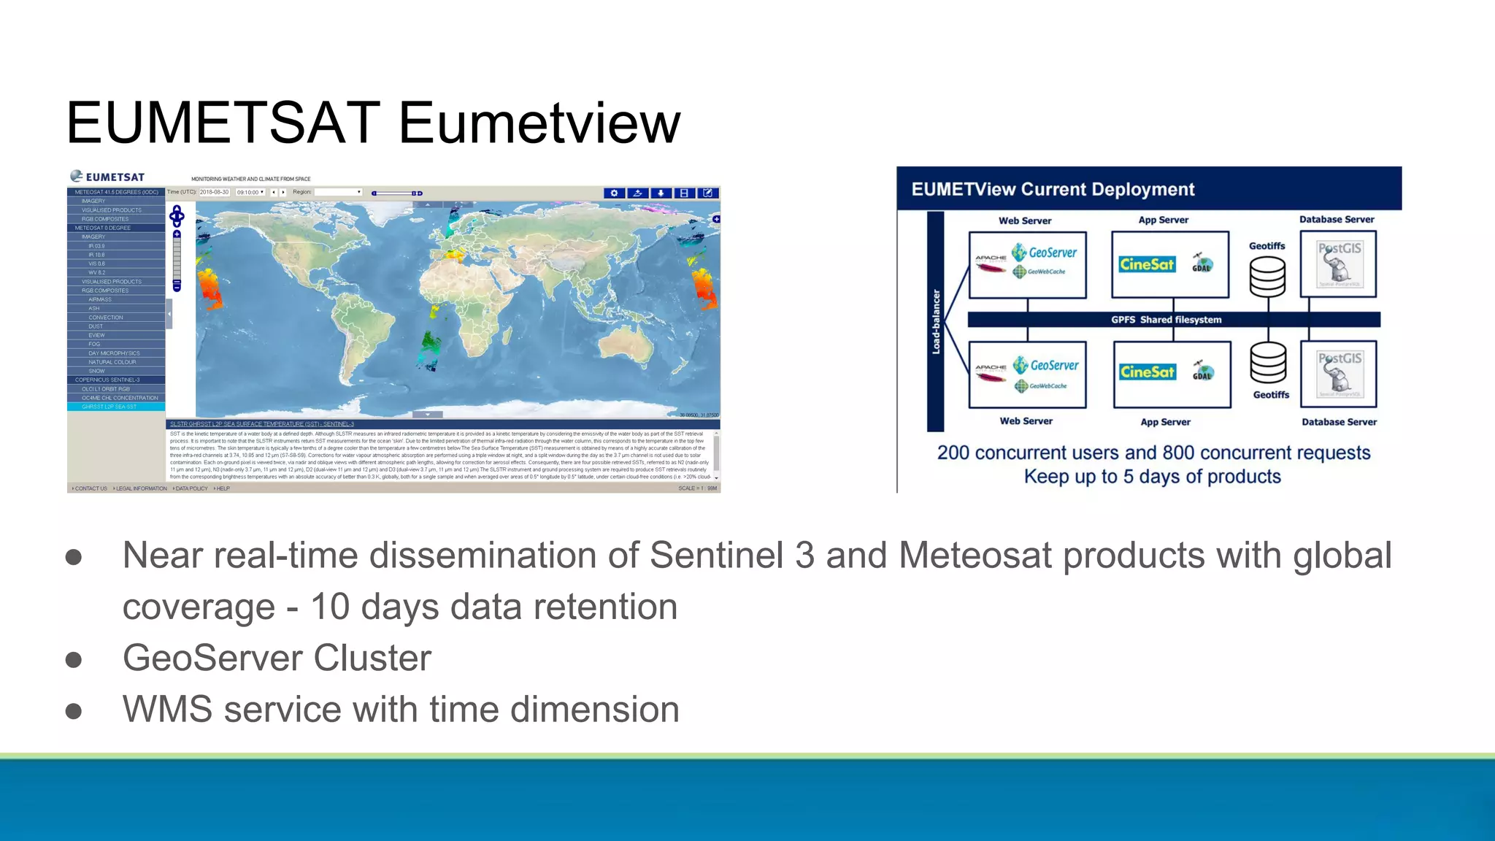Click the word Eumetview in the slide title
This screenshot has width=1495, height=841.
pos(539,123)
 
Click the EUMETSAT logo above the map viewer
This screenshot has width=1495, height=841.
pos(107,177)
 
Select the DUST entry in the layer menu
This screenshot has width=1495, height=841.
pos(96,326)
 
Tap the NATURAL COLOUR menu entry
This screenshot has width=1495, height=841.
pos(112,362)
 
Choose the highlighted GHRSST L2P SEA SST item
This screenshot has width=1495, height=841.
pos(109,407)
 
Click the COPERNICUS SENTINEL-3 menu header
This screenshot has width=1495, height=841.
pos(107,380)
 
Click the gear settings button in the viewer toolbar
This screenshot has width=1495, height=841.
pos(614,193)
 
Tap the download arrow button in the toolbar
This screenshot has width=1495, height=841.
pos(661,193)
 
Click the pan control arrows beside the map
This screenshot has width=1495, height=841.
pos(177,215)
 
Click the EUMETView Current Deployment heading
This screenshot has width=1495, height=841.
pos(1053,190)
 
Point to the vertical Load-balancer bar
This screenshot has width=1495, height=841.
pos(935,321)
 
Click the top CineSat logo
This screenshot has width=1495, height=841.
pos(1147,264)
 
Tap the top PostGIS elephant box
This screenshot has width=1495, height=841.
pos(1338,264)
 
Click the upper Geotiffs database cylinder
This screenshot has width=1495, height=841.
pos(1267,277)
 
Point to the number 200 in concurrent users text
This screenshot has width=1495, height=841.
pos(953,453)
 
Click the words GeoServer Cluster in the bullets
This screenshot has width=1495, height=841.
pos(277,658)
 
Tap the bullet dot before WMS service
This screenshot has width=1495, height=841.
pos(73,710)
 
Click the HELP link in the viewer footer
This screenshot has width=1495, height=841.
pos(222,488)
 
